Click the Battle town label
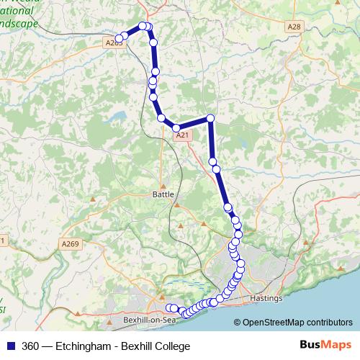[x=164, y=194]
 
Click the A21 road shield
[x=182, y=134]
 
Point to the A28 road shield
[x=293, y=27]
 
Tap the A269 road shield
[x=70, y=244]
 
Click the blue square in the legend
[x=12, y=346]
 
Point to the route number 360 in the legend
[x=30, y=346]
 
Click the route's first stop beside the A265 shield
[x=120, y=39]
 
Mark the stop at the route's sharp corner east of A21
[x=210, y=118]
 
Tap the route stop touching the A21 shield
[x=176, y=128]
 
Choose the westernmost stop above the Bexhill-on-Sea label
[x=169, y=308]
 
